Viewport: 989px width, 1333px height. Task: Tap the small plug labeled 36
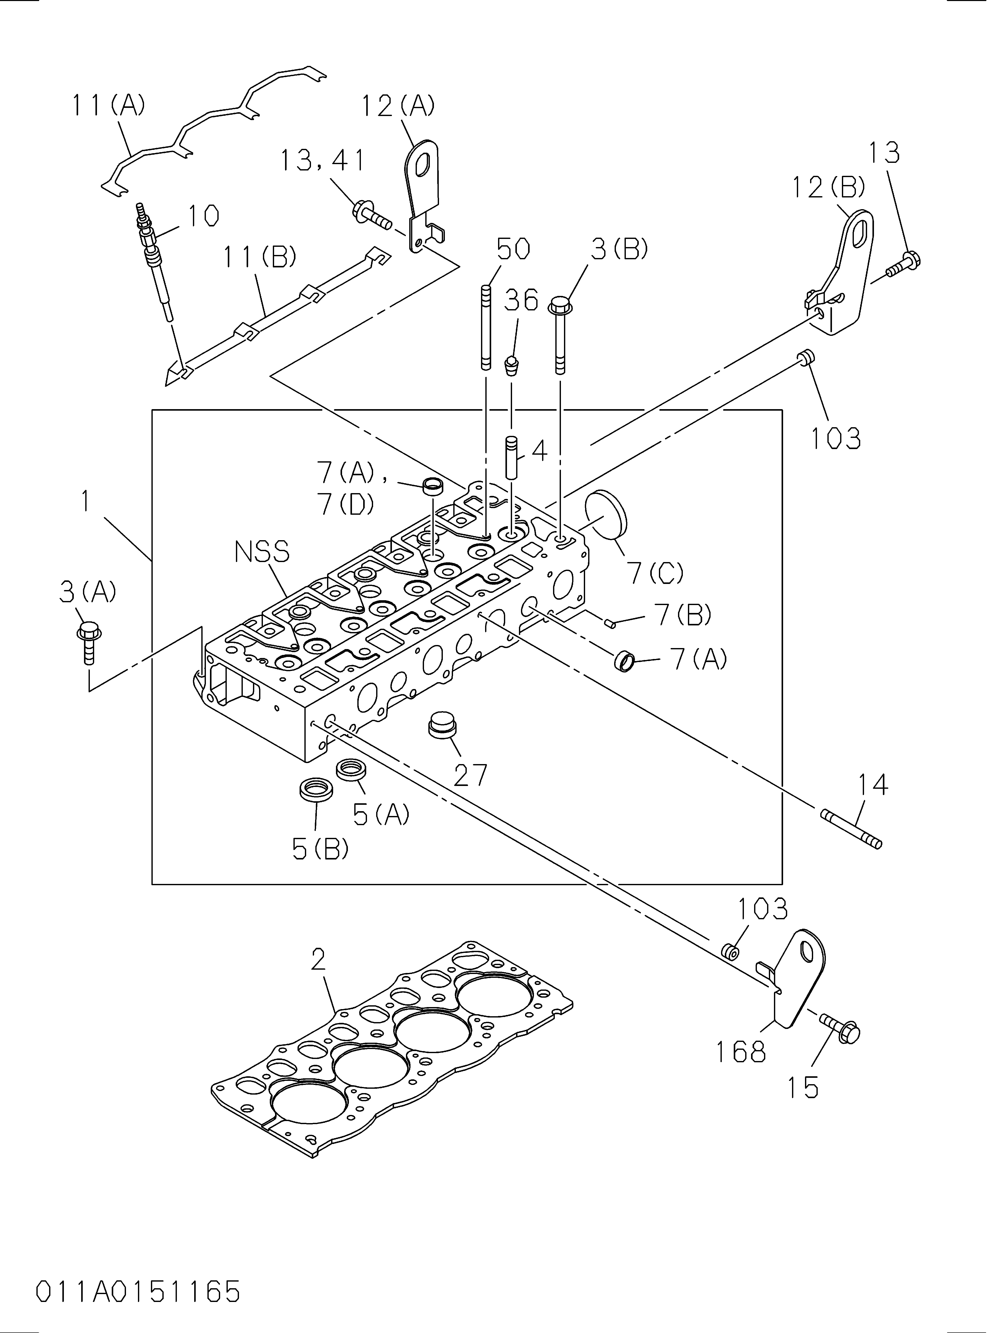coord(512,365)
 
